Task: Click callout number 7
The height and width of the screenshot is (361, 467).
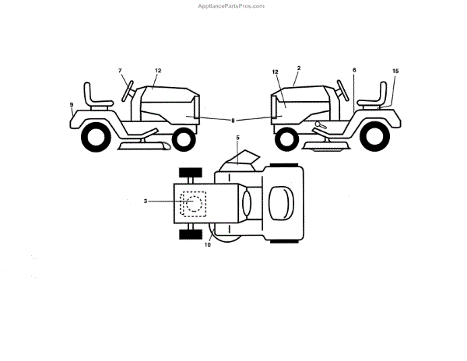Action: tap(121, 71)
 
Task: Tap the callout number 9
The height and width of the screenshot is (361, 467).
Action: tap(71, 104)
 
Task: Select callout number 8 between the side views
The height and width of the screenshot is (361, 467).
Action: tap(233, 120)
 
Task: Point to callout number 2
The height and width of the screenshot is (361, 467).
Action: tap(298, 68)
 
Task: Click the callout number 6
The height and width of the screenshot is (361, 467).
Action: tap(354, 71)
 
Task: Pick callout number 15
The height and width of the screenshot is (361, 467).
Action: tap(395, 71)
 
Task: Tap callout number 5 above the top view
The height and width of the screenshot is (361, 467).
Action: tap(237, 138)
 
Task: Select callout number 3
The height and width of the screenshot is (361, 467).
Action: tap(145, 201)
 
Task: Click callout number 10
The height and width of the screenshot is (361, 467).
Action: tap(207, 246)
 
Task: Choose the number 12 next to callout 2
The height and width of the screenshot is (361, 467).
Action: tap(275, 72)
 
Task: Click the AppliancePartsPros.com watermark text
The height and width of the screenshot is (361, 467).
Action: tap(233, 5)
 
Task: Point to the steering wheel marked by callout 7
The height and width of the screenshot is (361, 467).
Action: tap(128, 90)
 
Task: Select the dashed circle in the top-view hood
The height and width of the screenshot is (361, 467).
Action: tap(191, 204)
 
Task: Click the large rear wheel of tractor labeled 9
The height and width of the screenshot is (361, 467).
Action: tap(96, 138)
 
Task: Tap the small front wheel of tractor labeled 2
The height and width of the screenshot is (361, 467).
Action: tap(287, 138)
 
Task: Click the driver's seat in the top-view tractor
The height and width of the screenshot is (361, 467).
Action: tap(281, 204)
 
